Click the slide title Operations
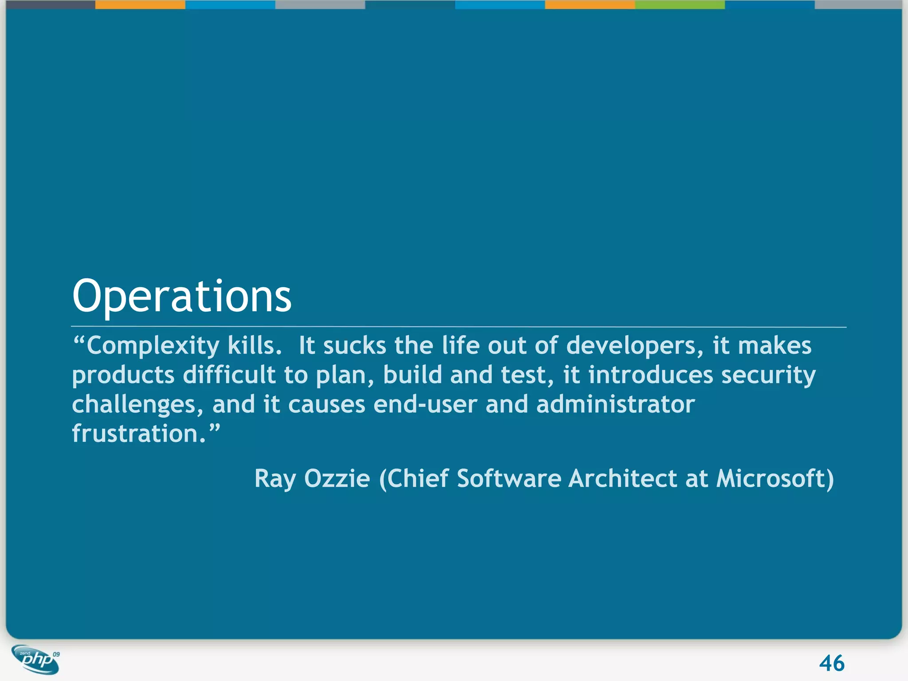[x=182, y=296]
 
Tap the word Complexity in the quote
[x=153, y=346]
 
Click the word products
[x=123, y=376]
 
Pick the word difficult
[x=229, y=375]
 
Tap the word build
[x=412, y=375]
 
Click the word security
[x=768, y=376]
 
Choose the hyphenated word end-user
[x=425, y=404]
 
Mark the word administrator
[x=615, y=404]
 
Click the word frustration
[x=139, y=434]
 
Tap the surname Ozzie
[x=337, y=479]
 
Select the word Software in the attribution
[x=509, y=479]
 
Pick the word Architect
[x=623, y=479]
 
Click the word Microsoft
[x=771, y=479]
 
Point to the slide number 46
[x=832, y=664]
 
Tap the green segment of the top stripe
[x=680, y=4]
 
